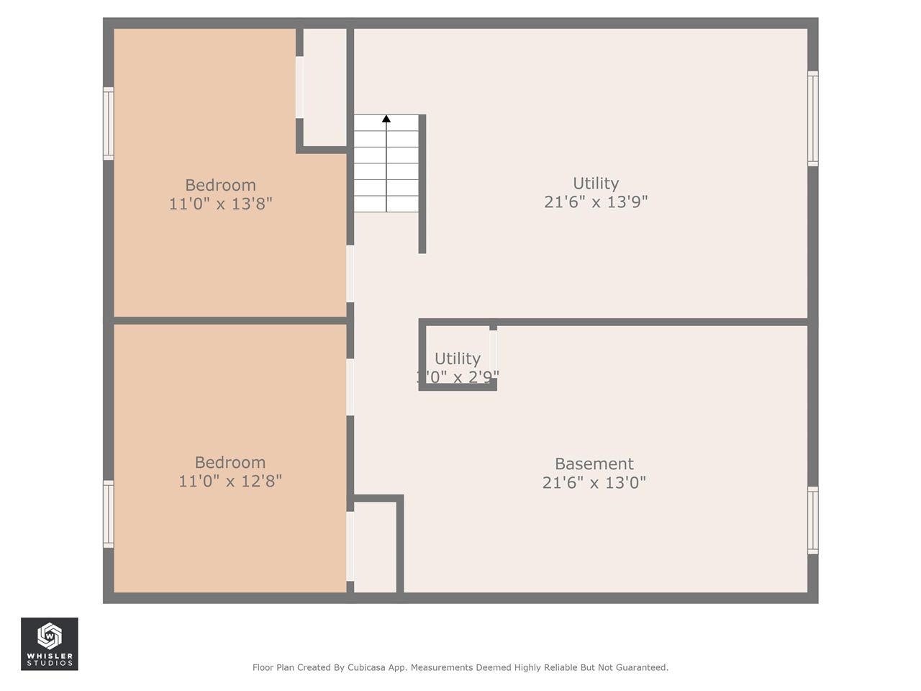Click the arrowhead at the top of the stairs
pos(386,119)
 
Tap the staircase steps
pos(386,164)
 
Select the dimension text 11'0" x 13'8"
pos(220,204)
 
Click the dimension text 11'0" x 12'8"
pos(230,481)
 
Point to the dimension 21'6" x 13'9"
pos(596,202)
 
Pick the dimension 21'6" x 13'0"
pos(594,482)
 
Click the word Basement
pos(594,464)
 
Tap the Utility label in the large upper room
pos(596,184)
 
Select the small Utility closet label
pos(457,358)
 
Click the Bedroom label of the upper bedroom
pos(220,185)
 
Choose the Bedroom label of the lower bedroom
pos(230,462)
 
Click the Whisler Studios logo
pos(50,643)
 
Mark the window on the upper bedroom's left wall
pos(109,123)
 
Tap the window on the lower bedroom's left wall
pos(109,514)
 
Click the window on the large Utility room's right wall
pos(812,119)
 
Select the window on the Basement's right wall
pos(812,520)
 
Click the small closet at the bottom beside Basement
pos(375,547)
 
